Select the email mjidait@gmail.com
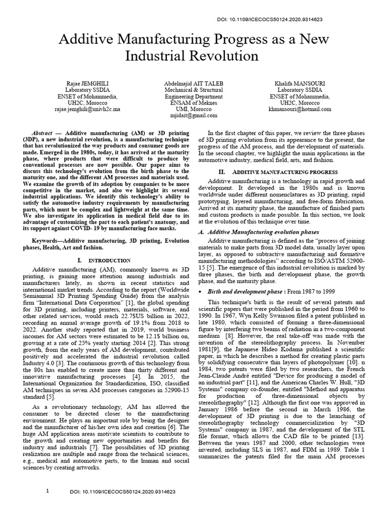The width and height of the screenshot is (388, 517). (194, 115)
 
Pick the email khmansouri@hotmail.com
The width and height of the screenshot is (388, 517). (300, 109)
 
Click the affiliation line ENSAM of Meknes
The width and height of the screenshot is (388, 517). (194, 102)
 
